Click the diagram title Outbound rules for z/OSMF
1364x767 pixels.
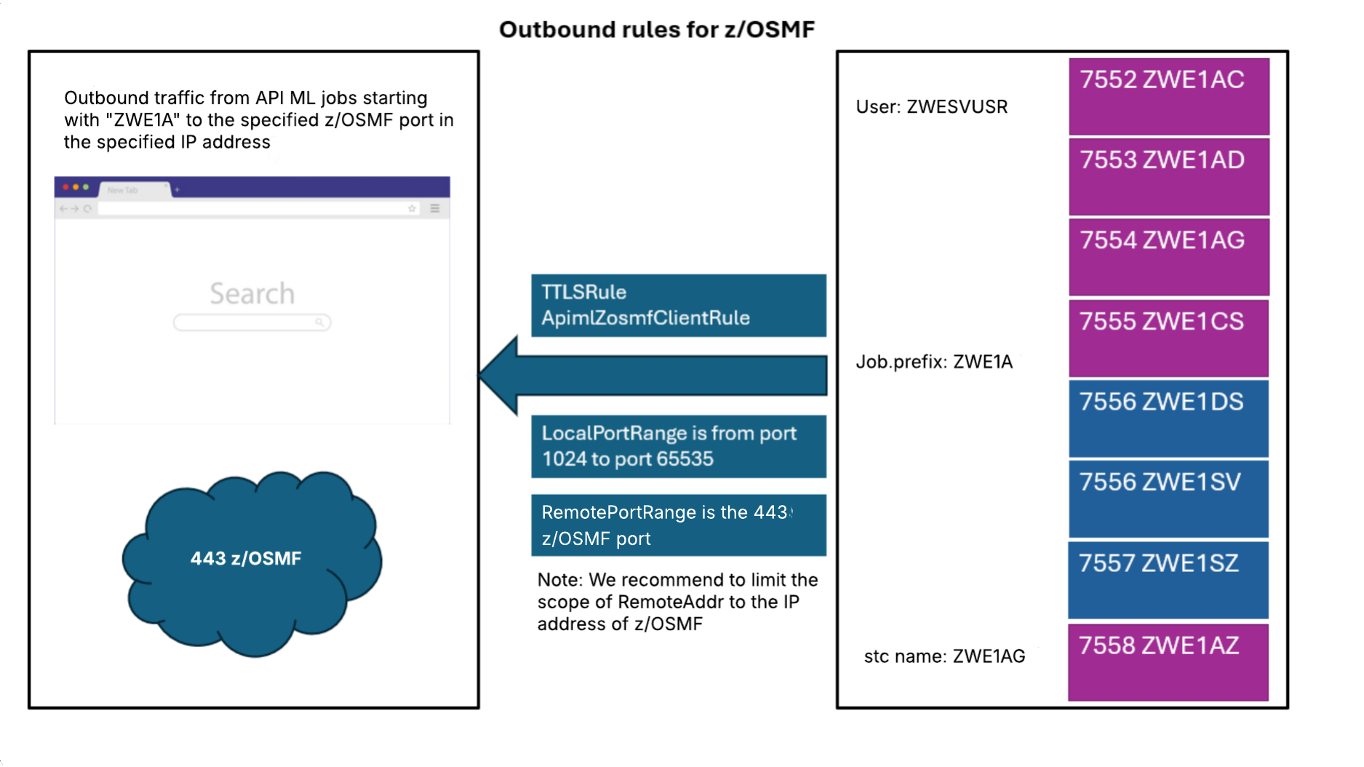(x=656, y=29)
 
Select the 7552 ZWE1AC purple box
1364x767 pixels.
(x=1168, y=96)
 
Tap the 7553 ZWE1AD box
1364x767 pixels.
(x=1168, y=176)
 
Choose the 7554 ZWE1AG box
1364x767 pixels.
(x=1168, y=256)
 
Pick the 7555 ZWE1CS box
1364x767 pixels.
(x=1168, y=338)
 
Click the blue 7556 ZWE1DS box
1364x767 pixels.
(x=1168, y=418)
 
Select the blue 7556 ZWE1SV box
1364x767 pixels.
(x=1168, y=498)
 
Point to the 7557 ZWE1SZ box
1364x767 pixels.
(x=1168, y=579)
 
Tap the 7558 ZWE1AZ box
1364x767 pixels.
(x=1168, y=661)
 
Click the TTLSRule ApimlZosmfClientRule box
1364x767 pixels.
(x=678, y=305)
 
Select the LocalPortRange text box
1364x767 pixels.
(x=678, y=446)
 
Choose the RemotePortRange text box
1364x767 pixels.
(x=678, y=525)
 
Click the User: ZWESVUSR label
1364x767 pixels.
(x=931, y=107)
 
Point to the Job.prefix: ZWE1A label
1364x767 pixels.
(x=933, y=362)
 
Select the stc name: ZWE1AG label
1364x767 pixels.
(x=944, y=656)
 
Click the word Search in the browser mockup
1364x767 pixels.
(x=252, y=293)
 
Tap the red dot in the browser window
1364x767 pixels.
(x=65, y=187)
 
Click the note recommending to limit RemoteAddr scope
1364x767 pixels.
(x=677, y=602)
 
